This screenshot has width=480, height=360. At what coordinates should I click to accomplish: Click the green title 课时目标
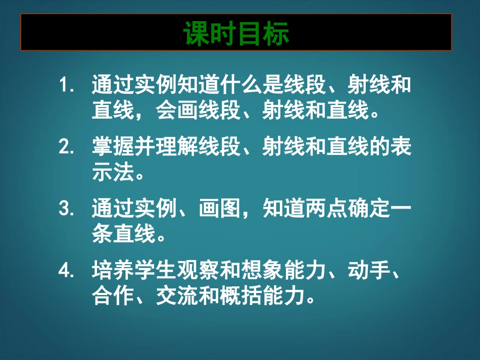click(236, 33)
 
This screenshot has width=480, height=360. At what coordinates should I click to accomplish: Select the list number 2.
click(66, 147)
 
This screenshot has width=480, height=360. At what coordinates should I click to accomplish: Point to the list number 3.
click(66, 210)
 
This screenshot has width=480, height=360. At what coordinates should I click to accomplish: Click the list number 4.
click(66, 272)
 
